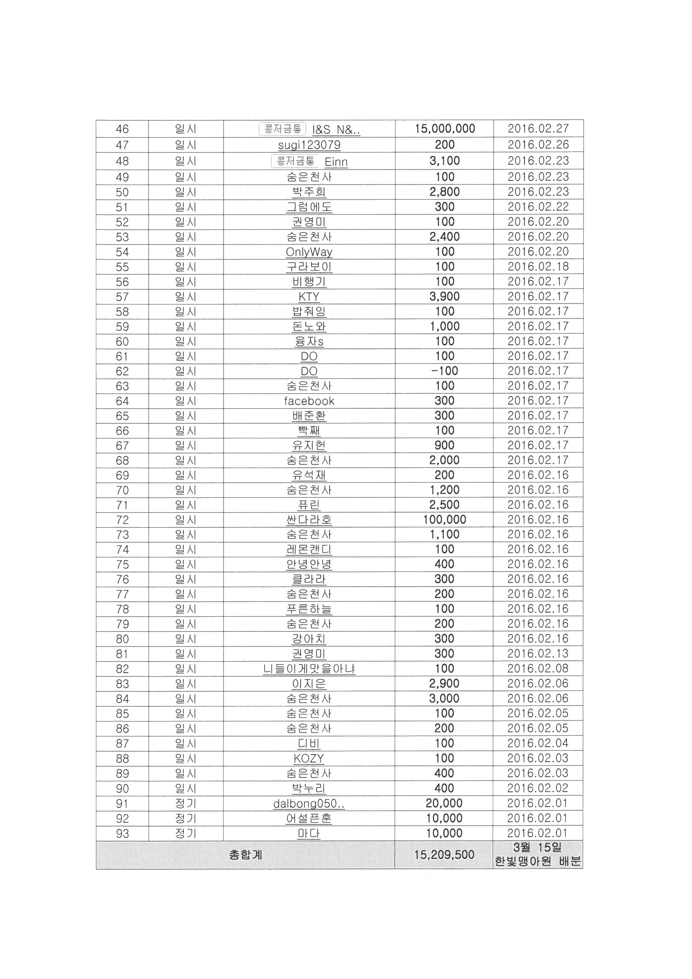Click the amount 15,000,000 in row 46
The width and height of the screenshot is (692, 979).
[444, 129]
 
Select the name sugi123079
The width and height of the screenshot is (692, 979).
[309, 145]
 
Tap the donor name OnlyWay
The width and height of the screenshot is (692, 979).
[309, 252]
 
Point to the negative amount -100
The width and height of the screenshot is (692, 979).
[444, 371]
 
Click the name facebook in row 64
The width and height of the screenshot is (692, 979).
[309, 401]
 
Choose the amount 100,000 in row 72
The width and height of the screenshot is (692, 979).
[444, 519]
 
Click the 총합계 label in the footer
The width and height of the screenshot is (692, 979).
[245, 855]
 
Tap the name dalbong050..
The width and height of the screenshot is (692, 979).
[309, 804]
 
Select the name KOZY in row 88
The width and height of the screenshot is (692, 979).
[309, 759]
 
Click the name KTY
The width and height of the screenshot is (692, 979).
[309, 296]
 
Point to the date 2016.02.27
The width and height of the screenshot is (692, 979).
[538, 129]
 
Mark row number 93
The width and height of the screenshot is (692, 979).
[122, 834]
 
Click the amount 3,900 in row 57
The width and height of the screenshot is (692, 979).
[444, 296]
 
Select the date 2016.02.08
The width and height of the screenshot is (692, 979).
[538, 668]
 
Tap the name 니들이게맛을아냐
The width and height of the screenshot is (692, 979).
[309, 669]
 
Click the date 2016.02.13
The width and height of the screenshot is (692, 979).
[538, 653]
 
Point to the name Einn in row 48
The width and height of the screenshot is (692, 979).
[336, 162]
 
